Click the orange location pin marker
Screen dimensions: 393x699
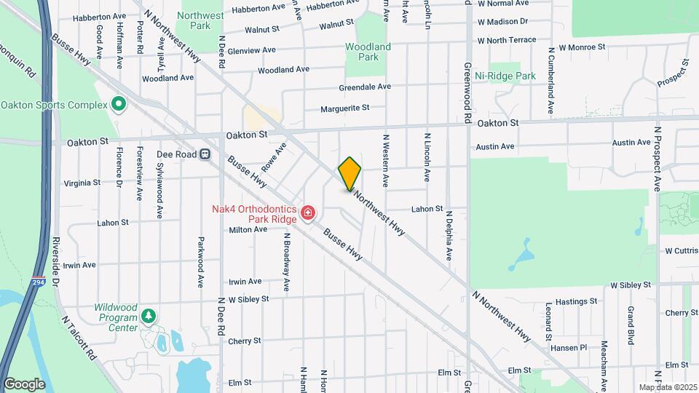349,174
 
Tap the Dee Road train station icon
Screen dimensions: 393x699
206,154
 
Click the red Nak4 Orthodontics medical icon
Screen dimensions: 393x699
308,213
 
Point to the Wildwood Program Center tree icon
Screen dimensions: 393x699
149,316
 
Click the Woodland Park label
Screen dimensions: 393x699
368,52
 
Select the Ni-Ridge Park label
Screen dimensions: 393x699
505,76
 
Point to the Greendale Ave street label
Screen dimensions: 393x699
365,87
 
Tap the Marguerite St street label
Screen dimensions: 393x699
345,108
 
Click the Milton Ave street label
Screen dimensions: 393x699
248,229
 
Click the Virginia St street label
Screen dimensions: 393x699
82,183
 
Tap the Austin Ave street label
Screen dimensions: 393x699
495,146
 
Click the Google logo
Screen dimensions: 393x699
24,384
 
